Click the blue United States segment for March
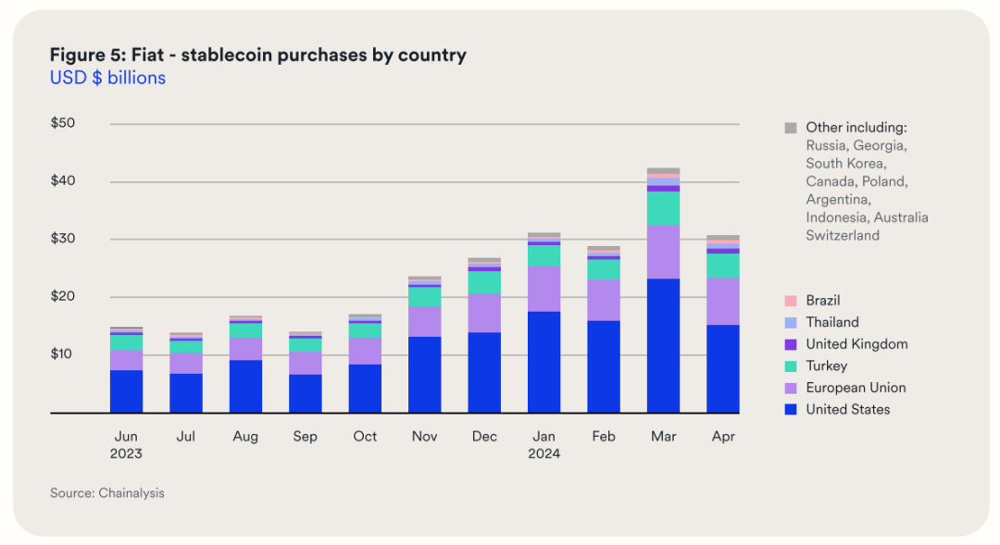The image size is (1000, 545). pos(663,345)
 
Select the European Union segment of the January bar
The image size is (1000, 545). pos(544,289)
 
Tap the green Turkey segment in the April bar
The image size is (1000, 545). pos(722,266)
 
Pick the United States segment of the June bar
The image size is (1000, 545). pos(126,391)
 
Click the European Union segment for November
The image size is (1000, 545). pos(424,321)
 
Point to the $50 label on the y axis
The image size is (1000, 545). pos(63,123)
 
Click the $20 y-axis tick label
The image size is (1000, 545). pos(63,297)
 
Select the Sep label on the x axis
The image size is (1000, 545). pos(305,436)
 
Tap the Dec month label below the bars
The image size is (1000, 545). pos(484,436)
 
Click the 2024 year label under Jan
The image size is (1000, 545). pos(544,453)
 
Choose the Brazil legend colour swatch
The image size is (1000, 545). pos(790,301)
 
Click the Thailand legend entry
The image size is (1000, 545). pos(831,322)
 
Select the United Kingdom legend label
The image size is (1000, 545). pos(856,344)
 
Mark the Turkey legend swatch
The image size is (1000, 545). pos(790,366)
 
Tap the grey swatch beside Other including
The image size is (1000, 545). pos(790,128)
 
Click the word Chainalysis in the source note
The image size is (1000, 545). pos(131,493)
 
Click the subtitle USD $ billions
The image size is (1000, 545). pos(107,78)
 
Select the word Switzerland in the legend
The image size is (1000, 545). pos(842,235)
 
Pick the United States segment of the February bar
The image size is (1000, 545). pos(604,366)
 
